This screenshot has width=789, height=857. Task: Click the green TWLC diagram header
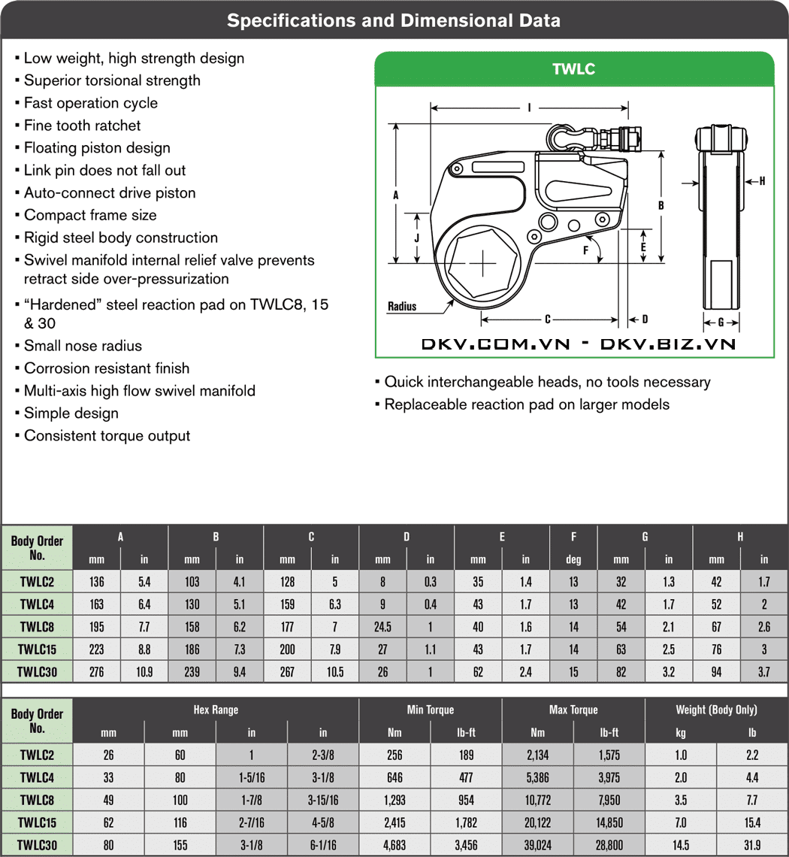pyautogui.click(x=574, y=69)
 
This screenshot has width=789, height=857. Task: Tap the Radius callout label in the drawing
pyautogui.click(x=402, y=307)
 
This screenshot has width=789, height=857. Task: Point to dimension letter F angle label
pyautogui.click(x=585, y=250)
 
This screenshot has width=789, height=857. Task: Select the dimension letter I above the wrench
pyautogui.click(x=529, y=108)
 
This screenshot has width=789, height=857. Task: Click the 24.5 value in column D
pyautogui.click(x=382, y=626)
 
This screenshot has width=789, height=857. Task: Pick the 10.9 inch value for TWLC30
pyautogui.click(x=144, y=672)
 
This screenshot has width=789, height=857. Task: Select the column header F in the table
pyautogui.click(x=574, y=537)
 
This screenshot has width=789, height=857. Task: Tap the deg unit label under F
pyautogui.click(x=574, y=559)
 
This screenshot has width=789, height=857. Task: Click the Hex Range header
pyautogui.click(x=216, y=710)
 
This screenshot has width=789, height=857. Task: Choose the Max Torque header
pyautogui.click(x=573, y=710)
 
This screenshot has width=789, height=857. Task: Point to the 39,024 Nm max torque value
pyautogui.click(x=537, y=846)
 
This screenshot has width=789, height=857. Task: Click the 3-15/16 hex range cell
pyautogui.click(x=323, y=800)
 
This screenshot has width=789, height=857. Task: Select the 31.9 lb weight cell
pyautogui.click(x=752, y=846)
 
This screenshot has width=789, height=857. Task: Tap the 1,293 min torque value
pyautogui.click(x=394, y=800)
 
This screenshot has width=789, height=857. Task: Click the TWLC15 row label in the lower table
pyautogui.click(x=38, y=823)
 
